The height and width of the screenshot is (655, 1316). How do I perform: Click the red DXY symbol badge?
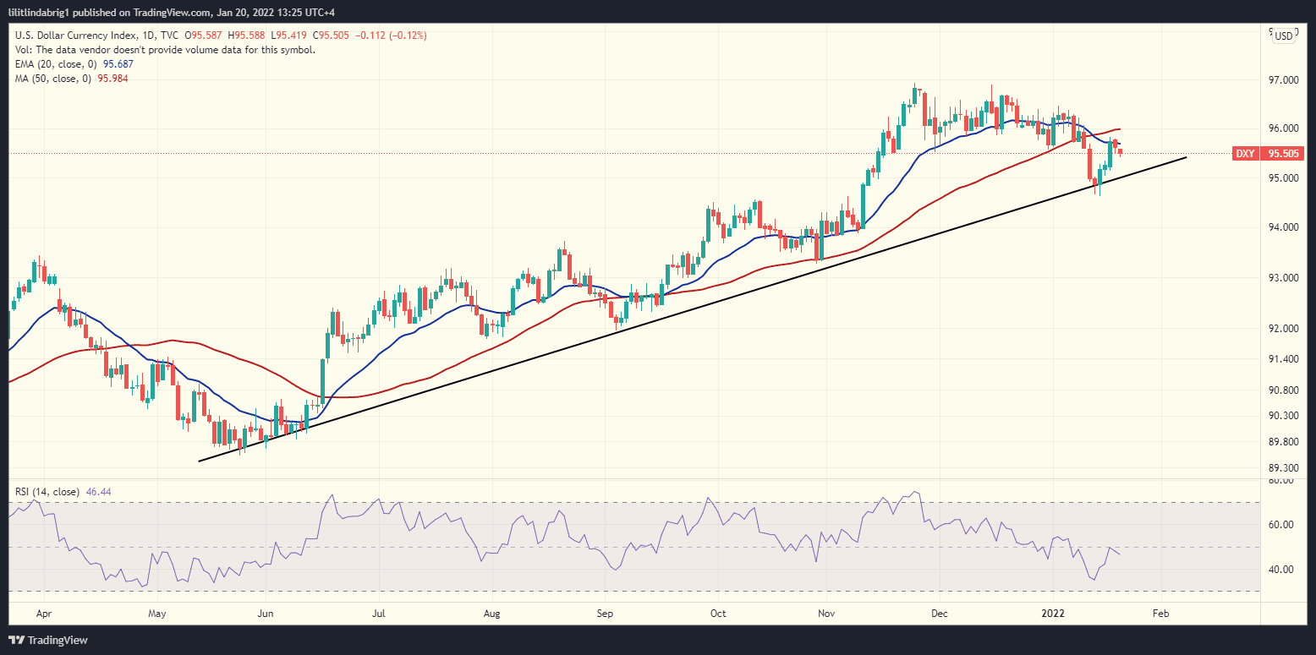pyautogui.click(x=1245, y=154)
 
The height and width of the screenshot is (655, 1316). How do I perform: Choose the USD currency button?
pyautogui.click(x=1283, y=35)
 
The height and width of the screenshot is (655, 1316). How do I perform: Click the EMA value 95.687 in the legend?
pyautogui.click(x=116, y=64)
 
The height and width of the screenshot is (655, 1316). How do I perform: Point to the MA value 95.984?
pyautogui.click(x=112, y=78)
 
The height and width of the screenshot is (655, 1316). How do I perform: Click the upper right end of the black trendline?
pyautogui.click(x=1186, y=157)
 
